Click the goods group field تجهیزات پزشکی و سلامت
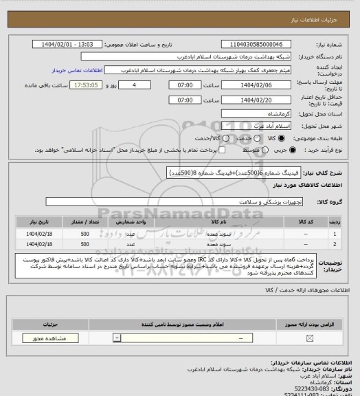coord(183,201)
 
